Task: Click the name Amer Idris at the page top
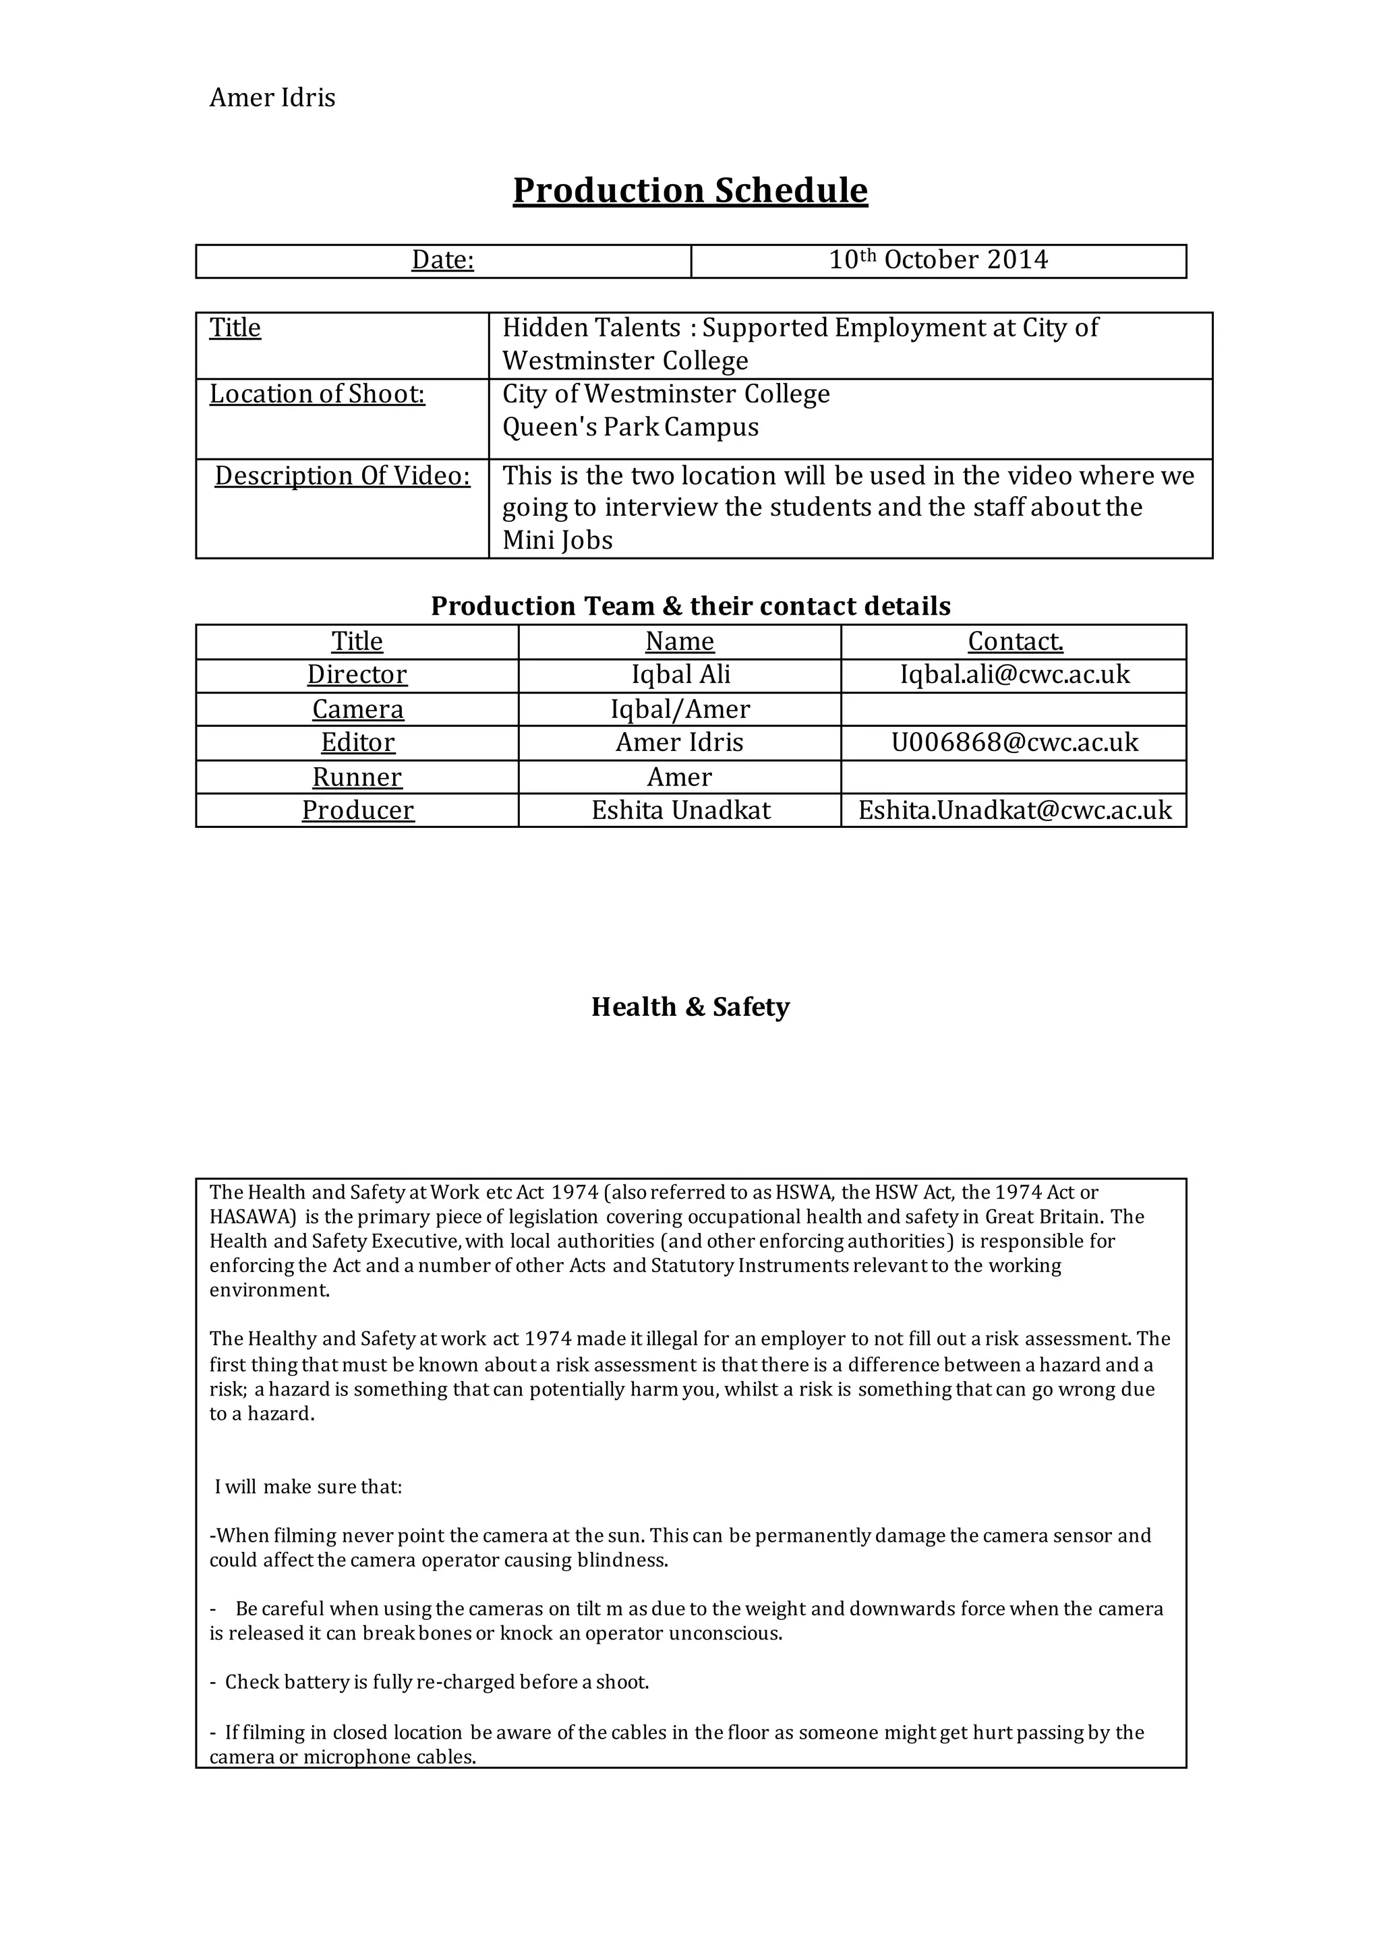click(x=272, y=98)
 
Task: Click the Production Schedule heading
click(x=689, y=190)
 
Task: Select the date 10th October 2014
click(x=938, y=260)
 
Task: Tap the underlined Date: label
click(x=442, y=260)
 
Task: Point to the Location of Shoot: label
click(x=317, y=394)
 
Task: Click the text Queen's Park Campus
click(x=630, y=427)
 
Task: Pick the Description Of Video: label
click(x=342, y=475)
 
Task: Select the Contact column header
click(x=1015, y=641)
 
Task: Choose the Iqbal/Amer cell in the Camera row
click(x=680, y=709)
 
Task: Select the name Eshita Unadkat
click(x=680, y=810)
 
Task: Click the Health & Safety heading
click(x=689, y=1006)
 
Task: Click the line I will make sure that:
click(x=307, y=1486)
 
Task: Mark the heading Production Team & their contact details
click(x=689, y=605)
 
